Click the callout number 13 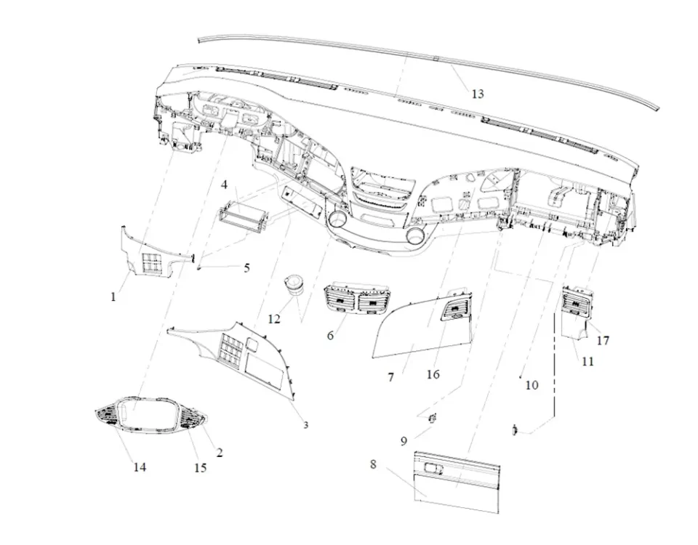(477, 94)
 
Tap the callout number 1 (113, 296)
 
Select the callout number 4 (225, 185)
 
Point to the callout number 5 (246, 267)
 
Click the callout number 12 (273, 318)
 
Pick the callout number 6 (330, 336)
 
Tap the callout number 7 (390, 377)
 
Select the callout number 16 (433, 374)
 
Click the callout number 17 (603, 340)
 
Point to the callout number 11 (587, 360)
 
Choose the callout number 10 (531, 384)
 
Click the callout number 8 (373, 464)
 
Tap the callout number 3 (305, 424)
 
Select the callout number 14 (139, 467)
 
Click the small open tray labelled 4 (241, 219)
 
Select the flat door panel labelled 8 (456, 481)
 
